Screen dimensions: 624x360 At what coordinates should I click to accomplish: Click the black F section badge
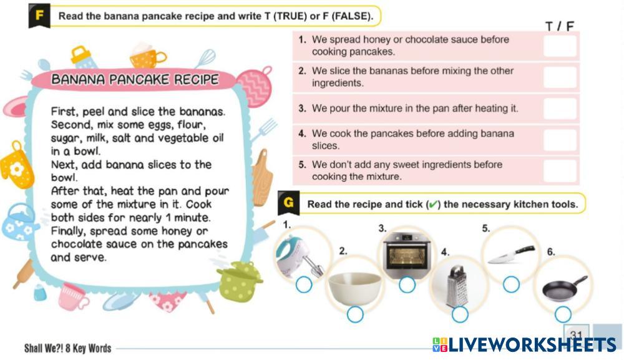tap(39, 16)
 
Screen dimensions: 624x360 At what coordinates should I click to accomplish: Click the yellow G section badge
tap(288, 203)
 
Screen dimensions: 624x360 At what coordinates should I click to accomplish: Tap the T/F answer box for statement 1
tap(560, 46)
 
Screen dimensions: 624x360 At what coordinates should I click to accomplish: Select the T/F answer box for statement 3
tap(560, 109)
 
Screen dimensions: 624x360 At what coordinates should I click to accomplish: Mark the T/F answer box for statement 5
tap(560, 171)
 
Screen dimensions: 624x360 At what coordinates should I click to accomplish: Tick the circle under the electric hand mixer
tap(304, 285)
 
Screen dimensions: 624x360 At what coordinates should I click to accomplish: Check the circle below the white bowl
tap(355, 314)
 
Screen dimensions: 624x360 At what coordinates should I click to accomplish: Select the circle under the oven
tap(407, 285)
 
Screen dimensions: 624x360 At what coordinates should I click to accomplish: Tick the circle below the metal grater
tap(460, 314)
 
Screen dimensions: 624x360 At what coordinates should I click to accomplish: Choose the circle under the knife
tap(511, 285)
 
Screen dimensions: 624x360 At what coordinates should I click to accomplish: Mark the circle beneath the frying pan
tap(563, 314)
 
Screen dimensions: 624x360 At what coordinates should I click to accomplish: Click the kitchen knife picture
tap(511, 255)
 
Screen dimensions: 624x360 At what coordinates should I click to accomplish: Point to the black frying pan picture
tap(565, 288)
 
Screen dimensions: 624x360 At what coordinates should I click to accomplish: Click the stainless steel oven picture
tap(407, 251)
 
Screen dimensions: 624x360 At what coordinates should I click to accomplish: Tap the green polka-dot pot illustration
tap(240, 280)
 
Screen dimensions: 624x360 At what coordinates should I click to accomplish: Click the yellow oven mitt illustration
tap(16, 167)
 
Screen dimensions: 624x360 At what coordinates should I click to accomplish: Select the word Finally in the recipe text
tap(67, 231)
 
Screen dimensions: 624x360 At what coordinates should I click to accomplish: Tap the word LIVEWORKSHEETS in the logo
tap(532, 345)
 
